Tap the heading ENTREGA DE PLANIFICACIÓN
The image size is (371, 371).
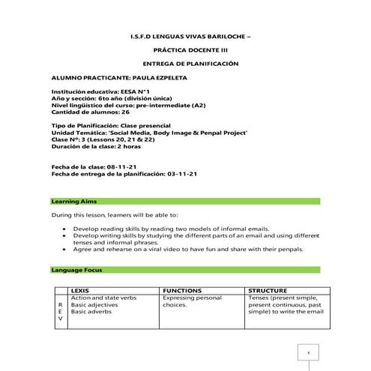click(185, 64)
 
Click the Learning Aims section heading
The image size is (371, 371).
click(73, 201)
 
